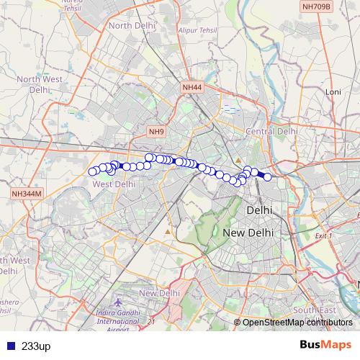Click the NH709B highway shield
tap(317, 6)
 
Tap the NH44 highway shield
tap(192, 87)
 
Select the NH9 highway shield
tap(157, 132)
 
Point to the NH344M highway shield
tap(27, 194)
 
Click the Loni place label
tap(333, 92)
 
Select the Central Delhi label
tap(271, 132)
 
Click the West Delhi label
tap(114, 184)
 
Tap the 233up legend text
tap(36, 346)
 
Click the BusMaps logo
tap(325, 346)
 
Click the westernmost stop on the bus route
tap(92, 171)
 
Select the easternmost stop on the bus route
tap(268, 176)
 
